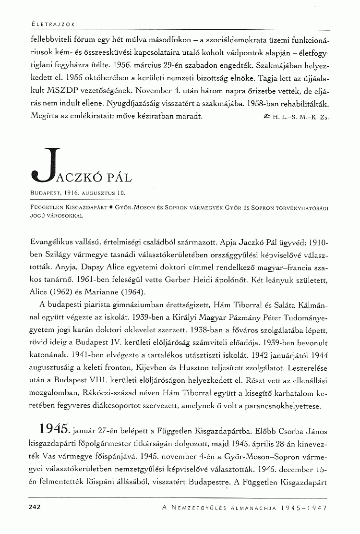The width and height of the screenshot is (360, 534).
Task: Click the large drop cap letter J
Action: (x=46, y=164)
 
